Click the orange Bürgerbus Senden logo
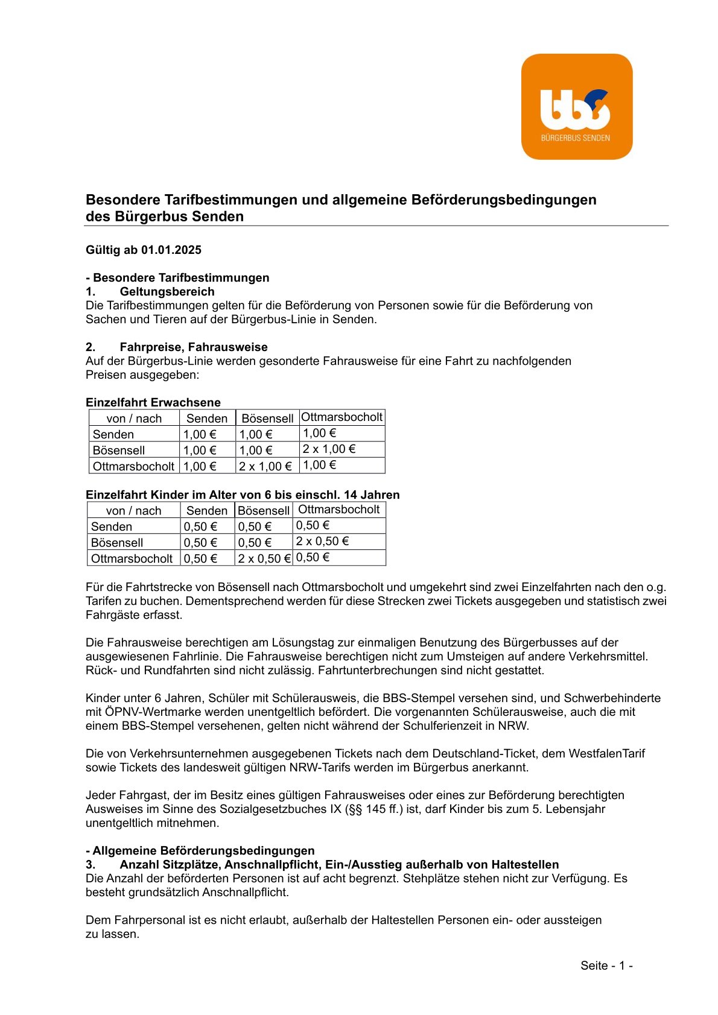(x=576, y=107)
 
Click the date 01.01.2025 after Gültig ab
(x=171, y=250)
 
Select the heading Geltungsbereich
(x=167, y=291)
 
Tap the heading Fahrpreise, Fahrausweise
(x=193, y=347)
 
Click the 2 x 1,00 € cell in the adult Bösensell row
(x=329, y=449)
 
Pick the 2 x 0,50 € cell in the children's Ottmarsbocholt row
(x=264, y=558)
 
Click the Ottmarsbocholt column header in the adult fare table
(x=342, y=417)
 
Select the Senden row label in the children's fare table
(x=112, y=526)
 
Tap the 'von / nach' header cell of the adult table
(x=134, y=419)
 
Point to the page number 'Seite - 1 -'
(x=606, y=966)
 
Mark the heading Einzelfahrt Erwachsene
(x=153, y=402)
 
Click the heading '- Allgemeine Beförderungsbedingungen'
(x=200, y=850)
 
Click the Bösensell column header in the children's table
(x=264, y=511)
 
